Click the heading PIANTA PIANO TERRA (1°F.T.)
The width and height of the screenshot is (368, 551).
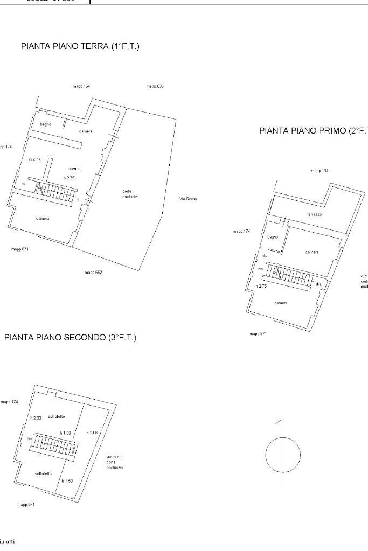80,47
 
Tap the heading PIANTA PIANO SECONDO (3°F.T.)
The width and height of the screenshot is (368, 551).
70,338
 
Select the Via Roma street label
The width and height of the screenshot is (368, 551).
188,199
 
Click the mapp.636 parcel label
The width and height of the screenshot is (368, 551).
155,87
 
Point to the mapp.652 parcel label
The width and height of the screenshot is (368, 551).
93,273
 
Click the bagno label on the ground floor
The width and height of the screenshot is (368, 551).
45,124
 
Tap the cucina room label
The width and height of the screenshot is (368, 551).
35,159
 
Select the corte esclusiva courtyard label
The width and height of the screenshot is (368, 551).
130,194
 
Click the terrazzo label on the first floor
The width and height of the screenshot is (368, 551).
315,214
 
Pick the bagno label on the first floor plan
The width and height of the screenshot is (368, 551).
273,237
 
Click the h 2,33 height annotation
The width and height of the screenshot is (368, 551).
36,418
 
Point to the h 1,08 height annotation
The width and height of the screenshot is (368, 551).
92,433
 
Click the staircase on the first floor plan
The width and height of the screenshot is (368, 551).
294,276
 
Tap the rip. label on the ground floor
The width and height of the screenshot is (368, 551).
24,184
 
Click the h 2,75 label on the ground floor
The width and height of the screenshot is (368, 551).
68,178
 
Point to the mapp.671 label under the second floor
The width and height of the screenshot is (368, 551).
26,505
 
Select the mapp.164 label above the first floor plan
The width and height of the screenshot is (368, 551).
320,171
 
